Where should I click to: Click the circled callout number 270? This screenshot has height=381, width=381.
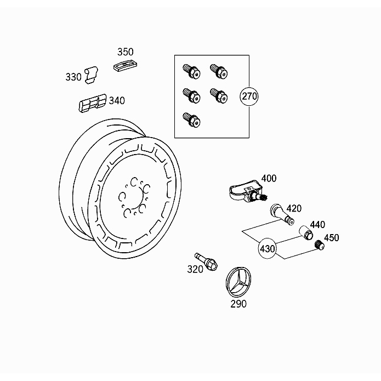click(249, 96)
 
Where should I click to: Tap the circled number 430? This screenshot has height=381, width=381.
click(268, 248)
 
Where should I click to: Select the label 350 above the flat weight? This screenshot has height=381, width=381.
click(126, 52)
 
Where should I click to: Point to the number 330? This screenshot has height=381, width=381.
click(73, 77)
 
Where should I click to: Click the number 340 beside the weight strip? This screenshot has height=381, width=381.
click(117, 101)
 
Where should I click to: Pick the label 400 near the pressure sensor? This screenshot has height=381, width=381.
click(269, 178)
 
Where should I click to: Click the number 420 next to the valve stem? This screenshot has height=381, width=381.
click(294, 208)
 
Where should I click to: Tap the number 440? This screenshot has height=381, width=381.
click(317, 225)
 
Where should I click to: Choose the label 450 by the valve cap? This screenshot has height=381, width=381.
click(332, 237)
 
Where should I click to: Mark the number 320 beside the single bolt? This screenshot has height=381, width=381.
click(195, 269)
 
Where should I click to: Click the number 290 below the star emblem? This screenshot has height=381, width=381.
click(238, 304)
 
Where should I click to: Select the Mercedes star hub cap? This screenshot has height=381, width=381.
click(238, 282)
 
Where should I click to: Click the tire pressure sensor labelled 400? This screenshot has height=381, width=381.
click(247, 192)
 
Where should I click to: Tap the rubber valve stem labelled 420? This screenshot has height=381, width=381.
click(282, 214)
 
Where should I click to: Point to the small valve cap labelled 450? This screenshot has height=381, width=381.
click(319, 244)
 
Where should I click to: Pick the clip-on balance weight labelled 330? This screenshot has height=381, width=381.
click(92, 75)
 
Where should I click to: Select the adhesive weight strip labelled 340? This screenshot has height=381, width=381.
click(93, 103)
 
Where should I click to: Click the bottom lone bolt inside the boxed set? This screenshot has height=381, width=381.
click(191, 120)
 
